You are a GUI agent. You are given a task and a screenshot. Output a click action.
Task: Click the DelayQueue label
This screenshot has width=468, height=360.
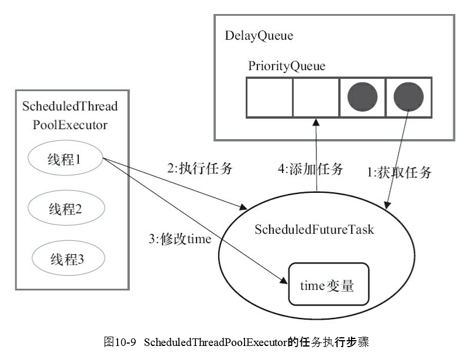[x=259, y=36]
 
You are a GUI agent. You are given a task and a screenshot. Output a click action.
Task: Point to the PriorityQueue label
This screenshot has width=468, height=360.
[x=287, y=66]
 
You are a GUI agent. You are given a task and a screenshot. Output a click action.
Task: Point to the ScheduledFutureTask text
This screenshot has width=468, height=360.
[x=314, y=229]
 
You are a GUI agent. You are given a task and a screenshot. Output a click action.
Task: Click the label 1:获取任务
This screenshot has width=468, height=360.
[x=399, y=172]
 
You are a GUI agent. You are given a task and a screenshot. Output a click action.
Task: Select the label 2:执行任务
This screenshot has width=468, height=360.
[x=200, y=169]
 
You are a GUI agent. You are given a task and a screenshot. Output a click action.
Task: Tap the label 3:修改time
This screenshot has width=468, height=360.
[x=180, y=239]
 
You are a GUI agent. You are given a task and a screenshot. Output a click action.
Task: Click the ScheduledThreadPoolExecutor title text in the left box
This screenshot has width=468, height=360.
[x=70, y=116]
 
